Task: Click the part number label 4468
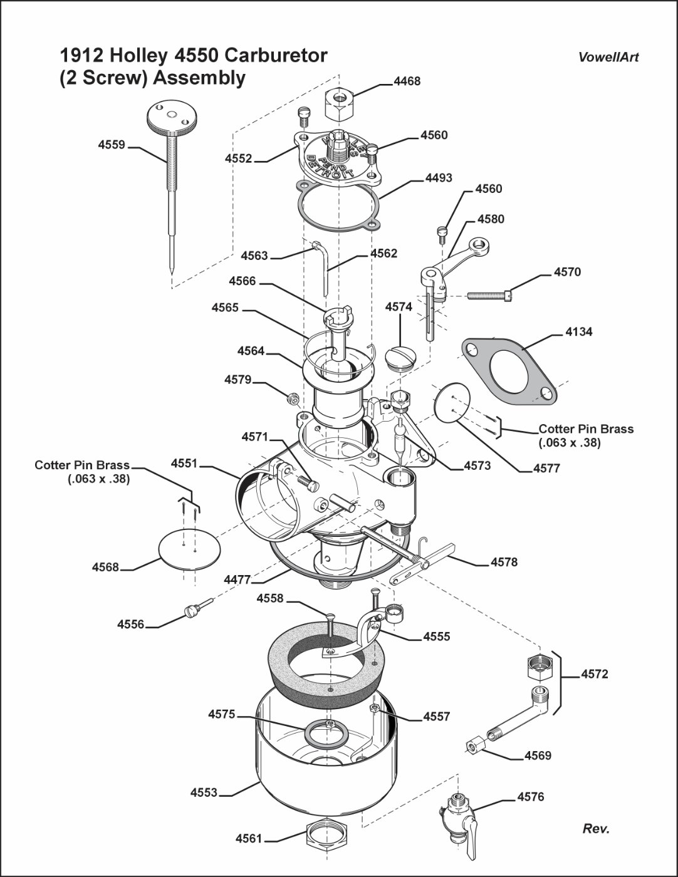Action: [x=407, y=81]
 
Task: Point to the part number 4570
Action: [x=567, y=272]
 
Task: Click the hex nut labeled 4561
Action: [x=323, y=834]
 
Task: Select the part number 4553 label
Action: [x=204, y=793]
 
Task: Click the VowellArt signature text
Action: [x=608, y=57]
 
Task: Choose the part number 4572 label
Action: [x=594, y=675]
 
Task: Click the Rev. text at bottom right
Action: [x=596, y=829]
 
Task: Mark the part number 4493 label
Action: [x=439, y=178]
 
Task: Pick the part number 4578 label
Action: [x=504, y=562]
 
